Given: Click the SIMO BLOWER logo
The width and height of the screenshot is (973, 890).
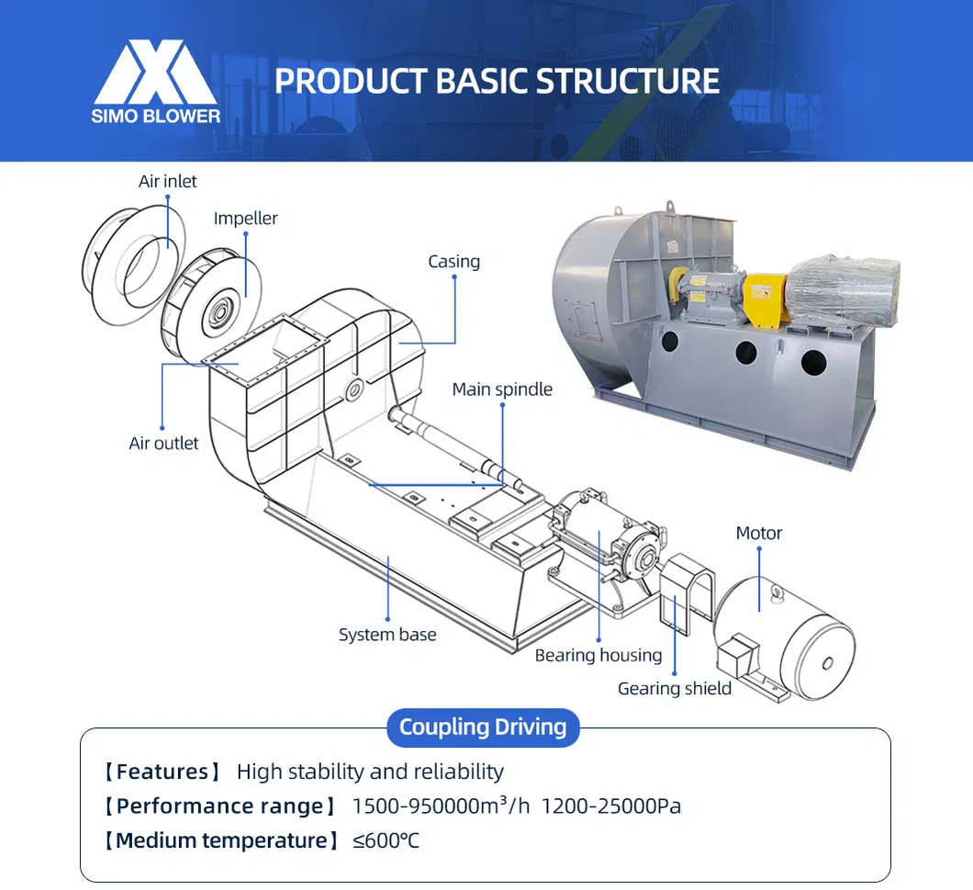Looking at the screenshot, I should point(156,81).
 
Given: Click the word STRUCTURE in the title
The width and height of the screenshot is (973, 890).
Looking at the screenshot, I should point(628,81).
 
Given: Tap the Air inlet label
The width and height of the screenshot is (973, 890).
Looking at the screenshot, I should point(167,181).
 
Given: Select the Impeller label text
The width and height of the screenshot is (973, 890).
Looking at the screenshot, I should point(245,218).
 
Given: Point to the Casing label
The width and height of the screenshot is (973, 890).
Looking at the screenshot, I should point(453,261).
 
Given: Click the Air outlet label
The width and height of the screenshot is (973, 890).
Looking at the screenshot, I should point(163,443).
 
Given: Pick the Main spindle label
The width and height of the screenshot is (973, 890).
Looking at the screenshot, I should point(502,389).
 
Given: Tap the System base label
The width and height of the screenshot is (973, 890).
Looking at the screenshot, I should point(387,634).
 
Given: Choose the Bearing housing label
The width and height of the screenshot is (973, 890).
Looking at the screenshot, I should point(598,655).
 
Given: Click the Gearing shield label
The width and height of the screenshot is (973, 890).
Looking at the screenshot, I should point(675,688).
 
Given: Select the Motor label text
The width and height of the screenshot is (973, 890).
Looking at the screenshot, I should point(759,533).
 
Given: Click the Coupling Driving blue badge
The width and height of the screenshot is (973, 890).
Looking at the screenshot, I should point(483,727).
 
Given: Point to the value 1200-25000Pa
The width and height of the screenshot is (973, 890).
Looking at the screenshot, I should point(611,806).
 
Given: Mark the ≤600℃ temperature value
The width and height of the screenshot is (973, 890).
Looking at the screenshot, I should point(386,840).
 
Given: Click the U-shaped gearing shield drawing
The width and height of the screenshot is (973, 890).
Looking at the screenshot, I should point(683,592).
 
